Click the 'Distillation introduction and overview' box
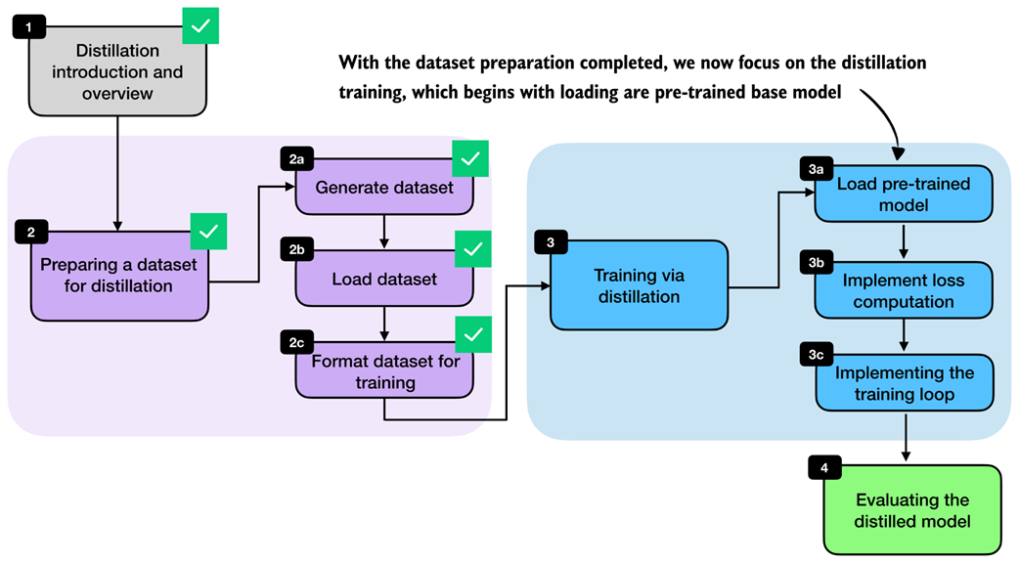pos(116,72)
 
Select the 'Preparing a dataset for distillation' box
pos(119,276)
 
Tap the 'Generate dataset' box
pos(383,187)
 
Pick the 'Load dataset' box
pos(383,279)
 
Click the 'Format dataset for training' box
pos(383,371)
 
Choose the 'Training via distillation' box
pos(639,285)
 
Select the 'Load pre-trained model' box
pos(904,194)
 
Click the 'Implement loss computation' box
pos(904,290)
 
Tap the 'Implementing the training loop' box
pos(904,385)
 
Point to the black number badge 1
pos(29,27)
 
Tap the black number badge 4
pos(824,467)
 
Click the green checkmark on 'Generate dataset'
pos(470,157)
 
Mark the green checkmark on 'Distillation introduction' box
pos(200,25)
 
